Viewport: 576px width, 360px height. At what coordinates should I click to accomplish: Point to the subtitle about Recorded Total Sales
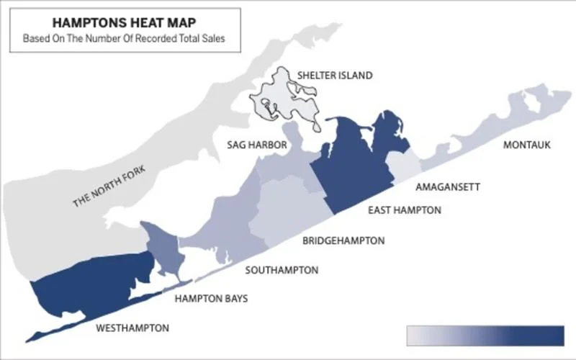click(118, 38)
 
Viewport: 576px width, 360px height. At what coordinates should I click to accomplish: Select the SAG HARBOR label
click(257, 145)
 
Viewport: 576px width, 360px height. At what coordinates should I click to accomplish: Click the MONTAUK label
click(527, 145)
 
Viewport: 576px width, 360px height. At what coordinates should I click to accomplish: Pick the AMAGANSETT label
click(448, 186)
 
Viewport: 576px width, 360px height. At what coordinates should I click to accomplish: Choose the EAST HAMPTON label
click(405, 210)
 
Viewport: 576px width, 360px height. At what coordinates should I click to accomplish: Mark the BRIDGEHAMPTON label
click(343, 240)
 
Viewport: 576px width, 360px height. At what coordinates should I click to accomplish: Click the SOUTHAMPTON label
click(282, 270)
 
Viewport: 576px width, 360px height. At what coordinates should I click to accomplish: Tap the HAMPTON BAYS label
click(212, 298)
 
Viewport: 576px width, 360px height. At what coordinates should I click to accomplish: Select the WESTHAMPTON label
click(132, 328)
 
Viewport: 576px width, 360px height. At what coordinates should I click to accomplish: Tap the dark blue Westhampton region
click(94, 288)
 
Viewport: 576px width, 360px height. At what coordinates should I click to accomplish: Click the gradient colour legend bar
click(485, 336)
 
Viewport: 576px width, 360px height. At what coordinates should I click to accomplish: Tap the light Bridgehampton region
click(288, 209)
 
